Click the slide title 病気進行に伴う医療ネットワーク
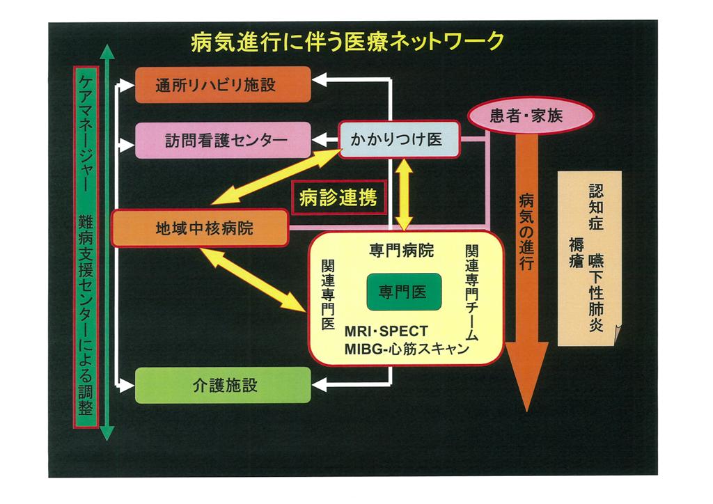pos(347,42)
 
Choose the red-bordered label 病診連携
pos(338,199)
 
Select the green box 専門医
pos(405,292)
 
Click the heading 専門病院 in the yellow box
pos(402,251)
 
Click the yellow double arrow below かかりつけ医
pos(405,196)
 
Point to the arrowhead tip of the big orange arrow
pos(528,409)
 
